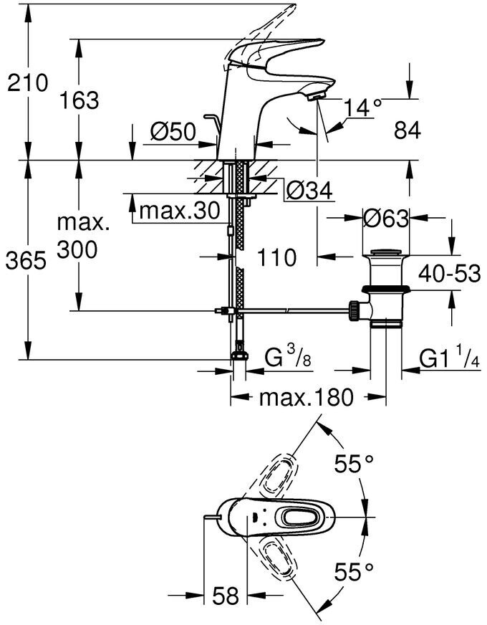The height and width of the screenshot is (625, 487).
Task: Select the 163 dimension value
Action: point(79,100)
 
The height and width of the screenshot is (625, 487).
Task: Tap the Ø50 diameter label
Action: point(173,132)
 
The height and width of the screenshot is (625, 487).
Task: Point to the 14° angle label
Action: point(362,108)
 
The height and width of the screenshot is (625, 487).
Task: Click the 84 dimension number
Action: point(406,130)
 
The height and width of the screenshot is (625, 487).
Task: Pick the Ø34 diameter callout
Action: point(310,190)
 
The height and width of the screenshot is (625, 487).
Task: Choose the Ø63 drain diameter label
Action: point(385,217)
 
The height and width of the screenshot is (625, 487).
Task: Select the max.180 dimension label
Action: point(307,397)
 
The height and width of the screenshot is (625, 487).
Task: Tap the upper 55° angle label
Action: point(355,465)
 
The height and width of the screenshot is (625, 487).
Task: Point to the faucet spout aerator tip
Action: point(317,94)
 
